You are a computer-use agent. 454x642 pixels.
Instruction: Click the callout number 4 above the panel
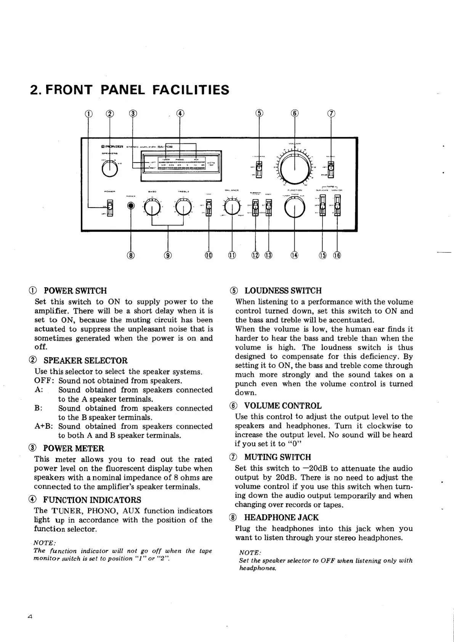(x=180, y=113)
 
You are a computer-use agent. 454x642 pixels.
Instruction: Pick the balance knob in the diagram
(x=232, y=208)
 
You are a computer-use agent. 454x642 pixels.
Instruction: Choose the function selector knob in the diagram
(x=295, y=208)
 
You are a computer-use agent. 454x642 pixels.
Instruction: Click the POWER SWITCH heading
(x=75, y=291)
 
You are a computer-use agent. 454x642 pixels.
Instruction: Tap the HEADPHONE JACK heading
(x=281, y=518)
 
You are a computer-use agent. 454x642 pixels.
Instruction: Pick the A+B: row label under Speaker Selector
(x=43, y=426)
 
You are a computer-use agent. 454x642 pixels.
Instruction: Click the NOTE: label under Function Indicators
(x=45, y=543)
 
